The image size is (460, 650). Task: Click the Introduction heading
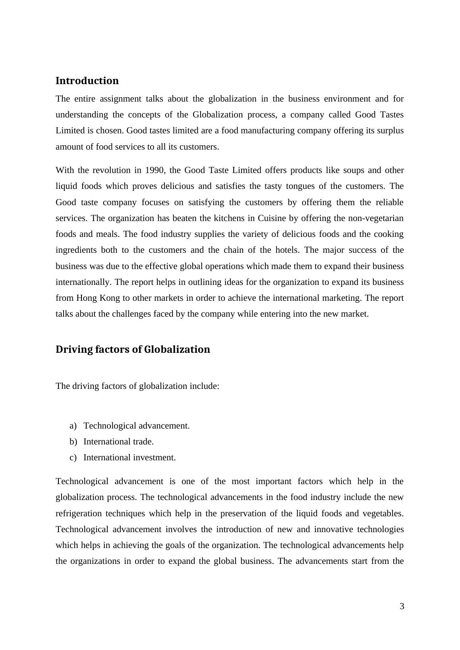pos(87,81)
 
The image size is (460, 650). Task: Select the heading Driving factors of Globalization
pos(133,349)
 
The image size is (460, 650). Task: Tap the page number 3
pos(402,606)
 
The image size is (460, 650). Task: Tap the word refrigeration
pos(79,513)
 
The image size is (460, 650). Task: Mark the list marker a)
pos(73,426)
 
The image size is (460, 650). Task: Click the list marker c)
pos(73,458)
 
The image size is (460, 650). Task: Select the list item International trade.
pos(118,442)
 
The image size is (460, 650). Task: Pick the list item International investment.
pos(129,458)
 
